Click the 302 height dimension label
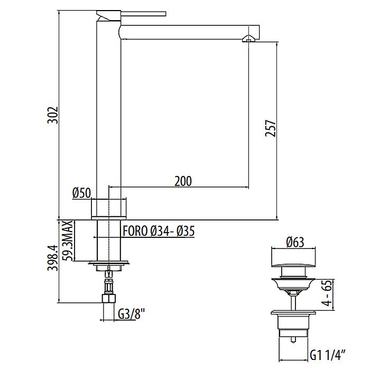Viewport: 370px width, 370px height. [x=53, y=115]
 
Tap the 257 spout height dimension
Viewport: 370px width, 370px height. [x=271, y=128]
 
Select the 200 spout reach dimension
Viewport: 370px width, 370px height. [x=183, y=181]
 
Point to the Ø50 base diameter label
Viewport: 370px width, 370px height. [x=81, y=193]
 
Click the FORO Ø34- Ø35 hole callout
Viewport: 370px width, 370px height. [x=159, y=231]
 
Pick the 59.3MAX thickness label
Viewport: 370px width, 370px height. [x=68, y=240]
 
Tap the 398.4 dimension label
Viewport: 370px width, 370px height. [x=53, y=258]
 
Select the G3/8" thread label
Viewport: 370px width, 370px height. [x=131, y=314]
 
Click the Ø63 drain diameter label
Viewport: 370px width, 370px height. [x=295, y=242]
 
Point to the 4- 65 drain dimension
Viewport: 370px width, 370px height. [x=327, y=293]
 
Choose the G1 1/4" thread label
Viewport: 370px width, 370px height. [x=328, y=355]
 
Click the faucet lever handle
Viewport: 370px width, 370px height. [x=143, y=13]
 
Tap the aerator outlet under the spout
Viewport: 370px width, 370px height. [x=249, y=39]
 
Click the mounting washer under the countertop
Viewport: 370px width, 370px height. [x=108, y=263]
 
